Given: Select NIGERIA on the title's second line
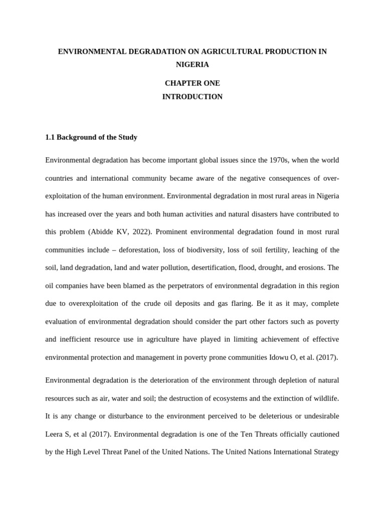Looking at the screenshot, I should [192, 64].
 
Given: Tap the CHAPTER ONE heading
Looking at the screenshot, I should [192, 83].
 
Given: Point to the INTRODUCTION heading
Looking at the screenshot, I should [192, 96].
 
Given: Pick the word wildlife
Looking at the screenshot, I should [326, 398].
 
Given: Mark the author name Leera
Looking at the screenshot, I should [54, 434].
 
